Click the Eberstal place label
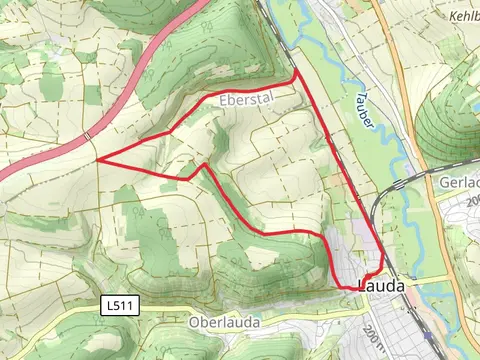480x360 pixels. coord(244,100)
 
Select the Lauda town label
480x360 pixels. coord(381,286)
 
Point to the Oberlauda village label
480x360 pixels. coord(224,322)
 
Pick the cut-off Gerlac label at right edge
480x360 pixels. coord(459,183)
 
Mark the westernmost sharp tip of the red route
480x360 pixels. coord(97,159)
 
